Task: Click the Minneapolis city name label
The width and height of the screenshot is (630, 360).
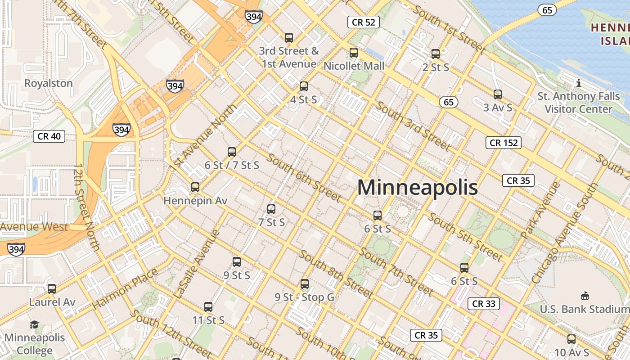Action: (417, 187)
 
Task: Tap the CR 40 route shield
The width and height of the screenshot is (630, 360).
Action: (49, 136)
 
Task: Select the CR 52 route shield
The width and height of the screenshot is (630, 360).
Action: (364, 22)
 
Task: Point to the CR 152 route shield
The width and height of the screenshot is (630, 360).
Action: (504, 143)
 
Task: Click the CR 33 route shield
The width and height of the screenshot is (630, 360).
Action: (484, 303)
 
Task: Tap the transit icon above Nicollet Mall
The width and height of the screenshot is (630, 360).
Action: (354, 53)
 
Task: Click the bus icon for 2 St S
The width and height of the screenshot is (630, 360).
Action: (435, 54)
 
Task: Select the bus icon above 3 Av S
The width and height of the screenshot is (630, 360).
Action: (497, 94)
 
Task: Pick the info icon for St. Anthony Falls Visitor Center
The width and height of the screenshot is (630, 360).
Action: (579, 83)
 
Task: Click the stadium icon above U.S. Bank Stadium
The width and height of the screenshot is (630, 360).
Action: (585, 296)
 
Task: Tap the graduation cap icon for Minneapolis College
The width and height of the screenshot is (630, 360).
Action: (34, 324)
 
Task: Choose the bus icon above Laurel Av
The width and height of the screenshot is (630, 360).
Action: (52, 288)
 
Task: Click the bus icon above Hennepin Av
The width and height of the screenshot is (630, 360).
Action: (195, 187)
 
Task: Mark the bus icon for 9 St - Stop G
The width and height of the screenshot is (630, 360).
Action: (305, 284)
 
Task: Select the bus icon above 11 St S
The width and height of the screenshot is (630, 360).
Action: (208, 307)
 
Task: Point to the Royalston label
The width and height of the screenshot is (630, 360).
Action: (48, 83)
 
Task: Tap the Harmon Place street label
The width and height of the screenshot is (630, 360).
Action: (125, 289)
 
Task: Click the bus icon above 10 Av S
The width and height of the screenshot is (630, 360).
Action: (571, 339)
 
